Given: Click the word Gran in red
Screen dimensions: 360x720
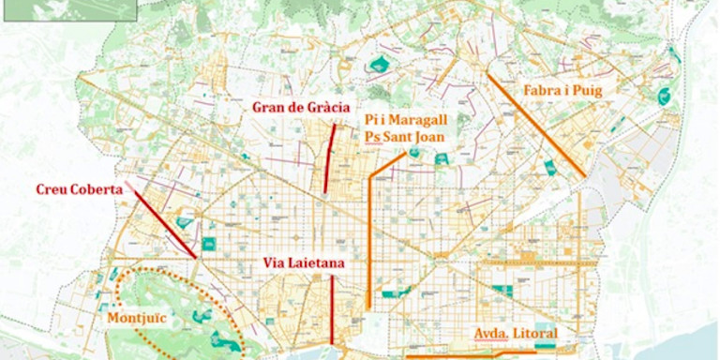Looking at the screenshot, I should point(269,107).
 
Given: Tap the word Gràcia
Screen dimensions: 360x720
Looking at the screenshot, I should point(328,107).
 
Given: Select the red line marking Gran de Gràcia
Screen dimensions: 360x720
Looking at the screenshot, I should point(329,159).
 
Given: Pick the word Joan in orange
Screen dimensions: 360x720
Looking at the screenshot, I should point(427,136).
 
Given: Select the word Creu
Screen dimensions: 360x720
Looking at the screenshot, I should point(53,188).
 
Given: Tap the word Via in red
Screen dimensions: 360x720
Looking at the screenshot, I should point(277,264).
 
